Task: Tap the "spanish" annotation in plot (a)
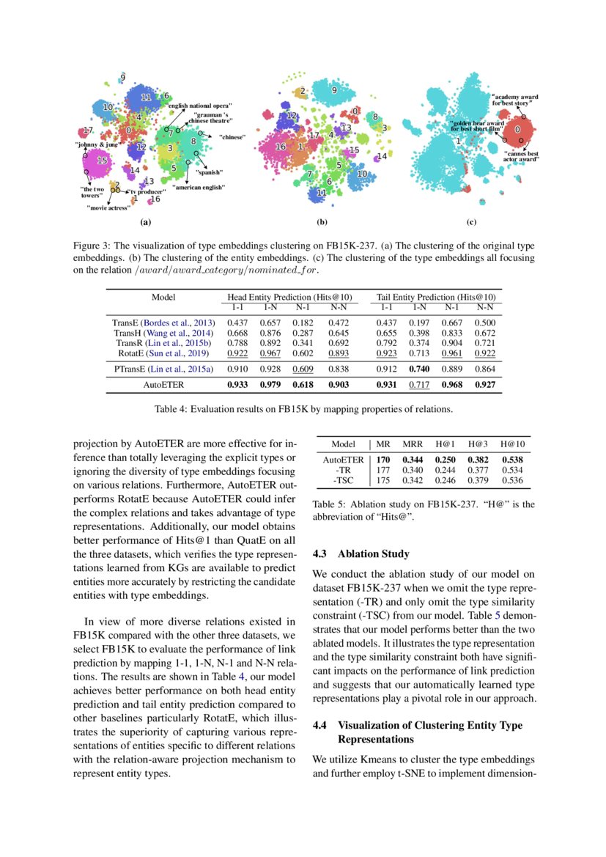[x=209, y=172]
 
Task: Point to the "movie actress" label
[x=108, y=207]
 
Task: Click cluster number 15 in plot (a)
[x=103, y=160]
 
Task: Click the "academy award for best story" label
[x=514, y=100]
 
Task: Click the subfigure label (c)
[x=470, y=221]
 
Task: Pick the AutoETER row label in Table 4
[x=163, y=384]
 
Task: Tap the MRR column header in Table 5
[x=413, y=444]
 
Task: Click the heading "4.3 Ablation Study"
[x=361, y=553]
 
